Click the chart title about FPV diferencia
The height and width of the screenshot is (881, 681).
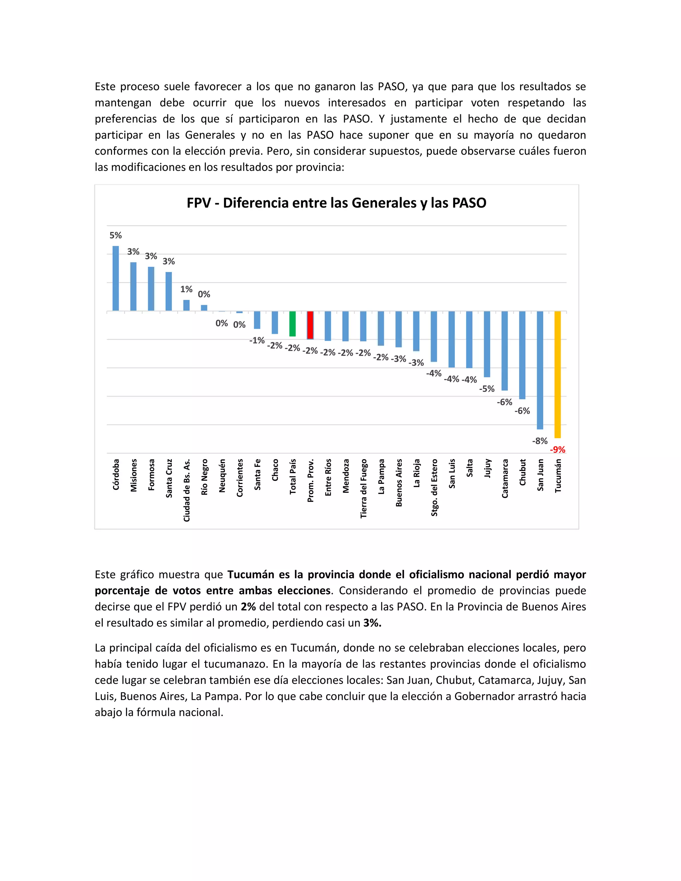click(336, 202)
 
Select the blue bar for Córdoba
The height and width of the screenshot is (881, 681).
click(115, 278)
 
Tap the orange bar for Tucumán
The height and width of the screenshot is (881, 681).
click(558, 374)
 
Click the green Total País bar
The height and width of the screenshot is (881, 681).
click(293, 323)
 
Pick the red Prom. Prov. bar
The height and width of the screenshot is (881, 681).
click(310, 325)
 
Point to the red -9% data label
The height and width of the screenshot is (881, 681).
click(558, 449)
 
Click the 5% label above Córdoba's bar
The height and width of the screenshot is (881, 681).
click(115, 235)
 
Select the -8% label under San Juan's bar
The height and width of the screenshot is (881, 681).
click(540, 441)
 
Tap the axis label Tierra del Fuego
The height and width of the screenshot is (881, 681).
click(363, 488)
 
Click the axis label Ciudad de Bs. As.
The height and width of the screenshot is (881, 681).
click(187, 490)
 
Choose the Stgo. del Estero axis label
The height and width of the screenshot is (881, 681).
click(434, 487)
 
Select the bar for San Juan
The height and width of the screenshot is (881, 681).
click(540, 370)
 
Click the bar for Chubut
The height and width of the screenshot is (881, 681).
click(522, 355)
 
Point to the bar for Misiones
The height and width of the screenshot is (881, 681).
click(133, 286)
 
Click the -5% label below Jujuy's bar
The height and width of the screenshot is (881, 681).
click(486, 389)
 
